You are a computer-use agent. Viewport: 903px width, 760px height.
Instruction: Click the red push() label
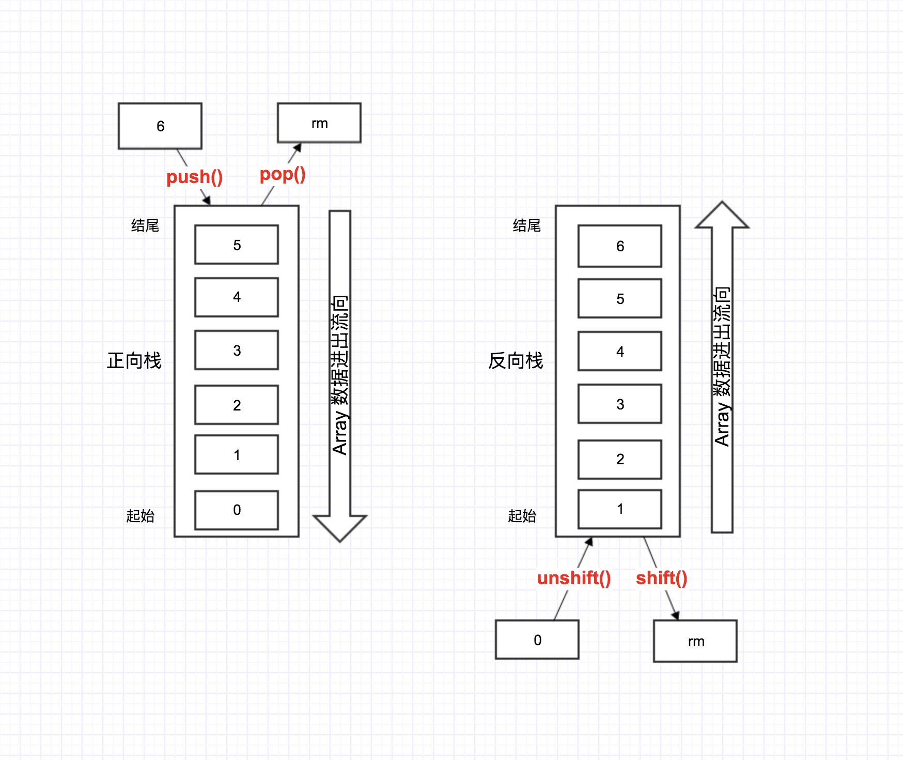pos(195,177)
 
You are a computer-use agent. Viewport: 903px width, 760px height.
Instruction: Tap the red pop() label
pos(283,175)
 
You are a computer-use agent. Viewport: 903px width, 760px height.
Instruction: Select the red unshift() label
pos(574,578)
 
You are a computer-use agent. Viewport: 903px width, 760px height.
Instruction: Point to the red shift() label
pos(661,578)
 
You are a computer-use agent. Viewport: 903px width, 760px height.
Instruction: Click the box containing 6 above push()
pos(160,126)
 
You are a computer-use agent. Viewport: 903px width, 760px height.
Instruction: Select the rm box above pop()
pos(319,123)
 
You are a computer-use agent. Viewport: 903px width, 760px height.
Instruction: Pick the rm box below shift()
pos(695,641)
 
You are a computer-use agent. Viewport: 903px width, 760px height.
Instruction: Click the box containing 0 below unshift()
pos(537,640)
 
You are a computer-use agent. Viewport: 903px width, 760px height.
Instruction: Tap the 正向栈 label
pos(134,360)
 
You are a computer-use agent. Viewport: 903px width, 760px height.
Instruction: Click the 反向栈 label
pos(516,360)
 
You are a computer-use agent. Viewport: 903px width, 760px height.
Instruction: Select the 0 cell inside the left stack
pos(237,510)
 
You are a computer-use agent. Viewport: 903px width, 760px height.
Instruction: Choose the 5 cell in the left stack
pos(237,245)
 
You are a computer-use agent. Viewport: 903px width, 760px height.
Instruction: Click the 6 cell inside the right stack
pos(620,246)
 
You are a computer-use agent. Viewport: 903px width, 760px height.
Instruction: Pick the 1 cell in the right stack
pos(620,509)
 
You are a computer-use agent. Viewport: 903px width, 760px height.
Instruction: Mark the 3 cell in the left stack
pos(237,350)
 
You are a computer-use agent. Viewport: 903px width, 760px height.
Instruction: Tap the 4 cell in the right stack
pos(620,352)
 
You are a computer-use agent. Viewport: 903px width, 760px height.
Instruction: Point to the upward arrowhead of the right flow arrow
pos(722,215)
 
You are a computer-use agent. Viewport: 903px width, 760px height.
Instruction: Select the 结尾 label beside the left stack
pos(145,225)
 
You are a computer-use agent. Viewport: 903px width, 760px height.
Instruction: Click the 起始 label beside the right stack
pos(522,515)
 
